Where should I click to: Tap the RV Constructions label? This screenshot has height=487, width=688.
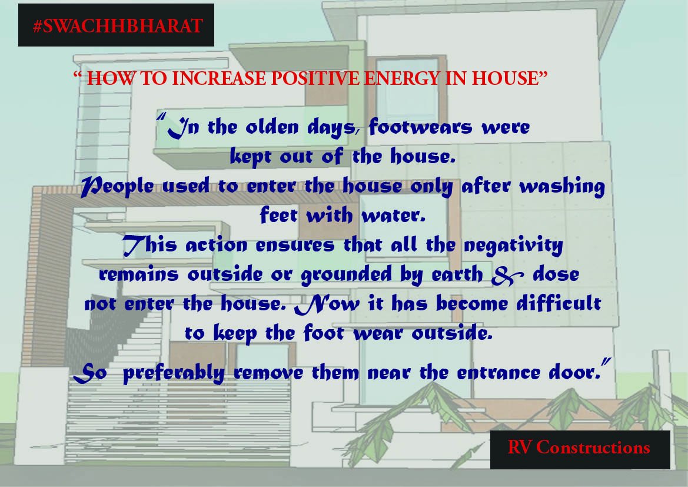tap(579, 448)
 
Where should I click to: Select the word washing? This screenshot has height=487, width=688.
tap(561, 187)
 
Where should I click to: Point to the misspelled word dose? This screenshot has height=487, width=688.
tap(556, 274)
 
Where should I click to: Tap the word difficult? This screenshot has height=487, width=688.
tap(551, 304)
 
